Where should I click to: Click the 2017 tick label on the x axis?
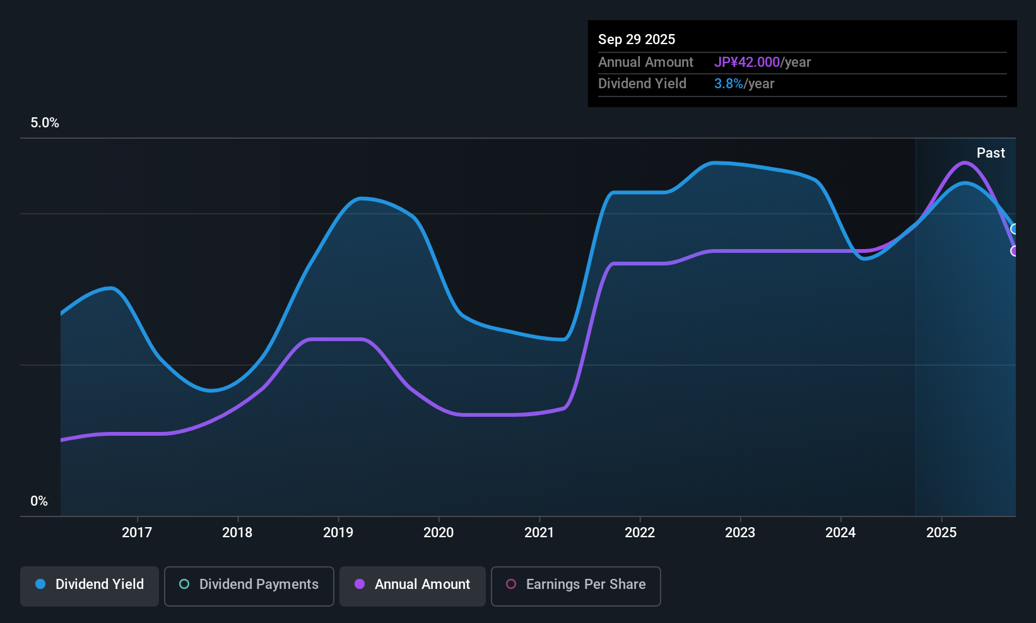(x=137, y=532)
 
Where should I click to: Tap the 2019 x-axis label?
(x=338, y=532)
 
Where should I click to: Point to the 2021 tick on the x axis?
(x=539, y=532)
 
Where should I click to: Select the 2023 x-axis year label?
(x=740, y=532)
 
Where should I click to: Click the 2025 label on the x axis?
(x=941, y=532)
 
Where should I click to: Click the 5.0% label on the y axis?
(x=45, y=123)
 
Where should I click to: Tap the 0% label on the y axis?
(x=39, y=501)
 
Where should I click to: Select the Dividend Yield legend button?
(x=90, y=585)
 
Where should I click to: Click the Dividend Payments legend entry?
(x=249, y=585)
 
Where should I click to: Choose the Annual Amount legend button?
(x=413, y=585)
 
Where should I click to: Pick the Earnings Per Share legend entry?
(x=575, y=585)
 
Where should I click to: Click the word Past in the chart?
(x=991, y=153)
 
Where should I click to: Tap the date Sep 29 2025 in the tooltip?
(x=637, y=40)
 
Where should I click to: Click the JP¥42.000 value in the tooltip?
(x=747, y=62)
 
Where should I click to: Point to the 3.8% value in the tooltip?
(x=728, y=84)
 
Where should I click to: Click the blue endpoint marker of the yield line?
(x=1015, y=229)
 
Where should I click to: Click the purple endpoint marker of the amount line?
(x=1015, y=251)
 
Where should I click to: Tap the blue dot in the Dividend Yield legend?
(x=40, y=585)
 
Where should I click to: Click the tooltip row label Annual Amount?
(x=645, y=62)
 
